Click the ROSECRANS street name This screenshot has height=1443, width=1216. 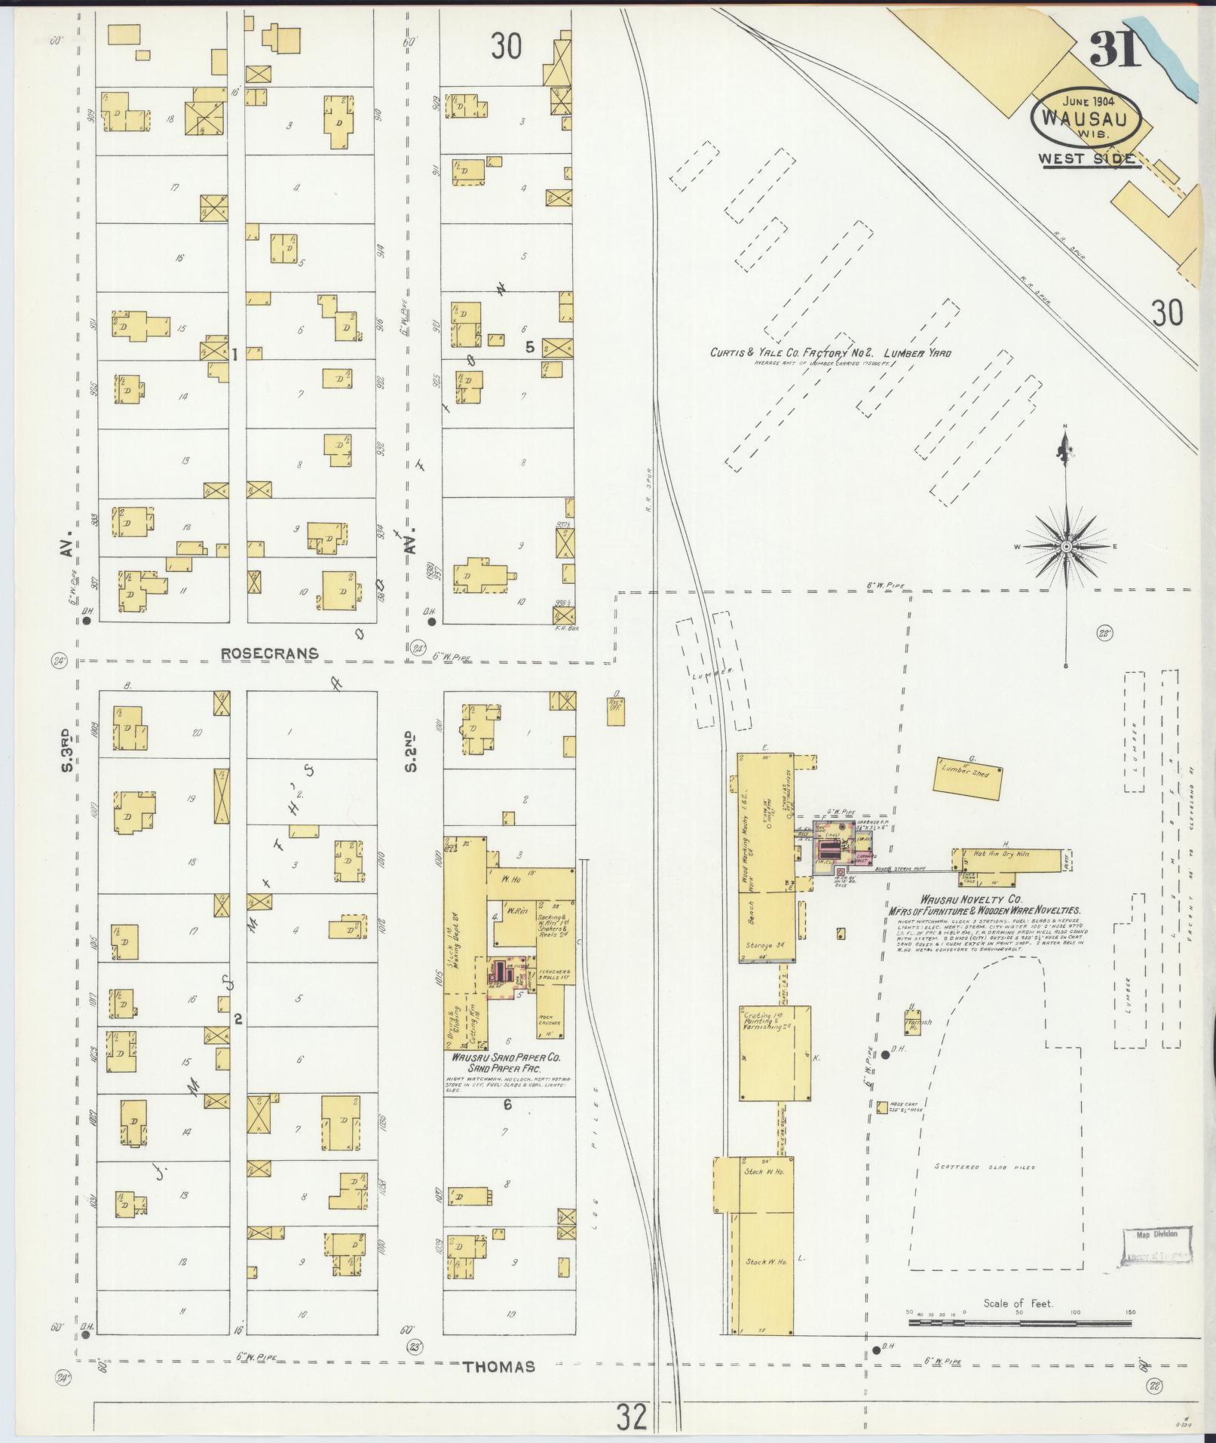[x=270, y=653]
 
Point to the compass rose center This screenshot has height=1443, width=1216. [x=1067, y=546]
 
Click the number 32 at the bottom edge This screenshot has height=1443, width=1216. [x=631, y=1417]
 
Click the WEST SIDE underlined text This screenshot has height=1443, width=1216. [x=1086, y=159]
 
